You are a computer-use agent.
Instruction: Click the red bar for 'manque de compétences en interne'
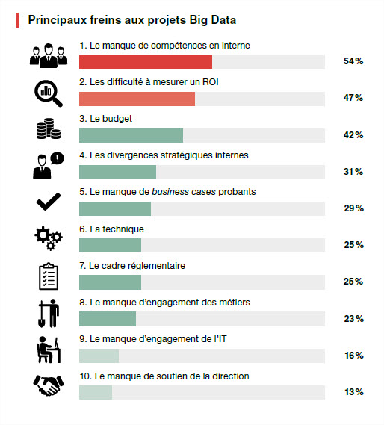tap(146, 62)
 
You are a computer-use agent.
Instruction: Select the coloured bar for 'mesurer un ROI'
tap(137, 99)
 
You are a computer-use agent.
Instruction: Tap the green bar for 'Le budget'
tap(131, 135)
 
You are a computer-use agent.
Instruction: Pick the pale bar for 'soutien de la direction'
tap(96, 392)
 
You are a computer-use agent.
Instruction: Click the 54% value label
tap(353, 61)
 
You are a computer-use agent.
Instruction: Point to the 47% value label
tap(353, 98)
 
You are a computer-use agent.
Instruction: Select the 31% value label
tap(353, 172)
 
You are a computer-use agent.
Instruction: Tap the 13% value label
tap(354, 392)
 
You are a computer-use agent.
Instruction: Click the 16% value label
tap(354, 356)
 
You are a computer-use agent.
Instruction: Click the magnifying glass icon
tap(49, 93)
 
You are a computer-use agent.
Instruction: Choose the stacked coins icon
tap(49, 128)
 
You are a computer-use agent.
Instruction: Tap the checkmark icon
tap(49, 202)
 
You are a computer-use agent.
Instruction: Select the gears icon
tap(49, 238)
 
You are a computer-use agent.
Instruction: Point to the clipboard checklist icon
tap(49, 276)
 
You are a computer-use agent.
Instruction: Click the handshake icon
tap(49, 385)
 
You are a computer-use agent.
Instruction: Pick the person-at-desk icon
tap(49, 350)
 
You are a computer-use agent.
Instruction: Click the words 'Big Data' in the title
tap(213, 20)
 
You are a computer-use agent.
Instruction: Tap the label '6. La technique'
tap(111, 229)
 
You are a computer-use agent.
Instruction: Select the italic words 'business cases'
tap(184, 192)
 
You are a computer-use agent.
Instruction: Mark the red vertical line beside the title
tap(17, 20)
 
